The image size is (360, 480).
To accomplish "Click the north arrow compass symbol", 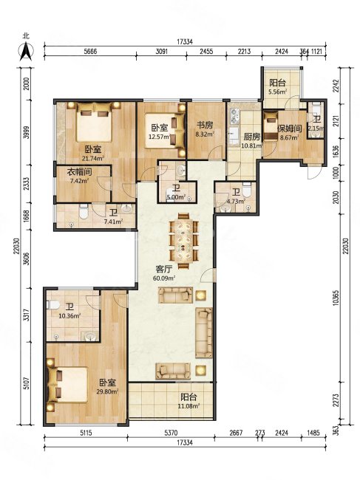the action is click(x=26, y=52).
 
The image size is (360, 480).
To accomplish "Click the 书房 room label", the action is click(x=205, y=126).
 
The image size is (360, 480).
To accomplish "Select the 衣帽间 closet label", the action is click(x=79, y=172).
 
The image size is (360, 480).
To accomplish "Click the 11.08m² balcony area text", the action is click(x=189, y=406).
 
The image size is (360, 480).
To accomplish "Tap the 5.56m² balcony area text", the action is click(x=278, y=92).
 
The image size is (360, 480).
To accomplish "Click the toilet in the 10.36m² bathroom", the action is click(x=53, y=305).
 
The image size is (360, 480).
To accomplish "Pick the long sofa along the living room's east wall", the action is click(x=204, y=333).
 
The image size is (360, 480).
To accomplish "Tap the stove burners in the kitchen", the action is click(x=235, y=116).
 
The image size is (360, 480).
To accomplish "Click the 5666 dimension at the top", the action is click(x=90, y=51).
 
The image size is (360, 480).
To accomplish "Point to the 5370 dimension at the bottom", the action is click(x=171, y=433).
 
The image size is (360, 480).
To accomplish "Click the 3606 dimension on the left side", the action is click(x=27, y=258).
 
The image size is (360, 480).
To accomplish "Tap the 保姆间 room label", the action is click(x=290, y=128).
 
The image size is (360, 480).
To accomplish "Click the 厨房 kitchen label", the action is click(x=252, y=136).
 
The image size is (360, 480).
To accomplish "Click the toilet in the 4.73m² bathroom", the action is click(x=247, y=190).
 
